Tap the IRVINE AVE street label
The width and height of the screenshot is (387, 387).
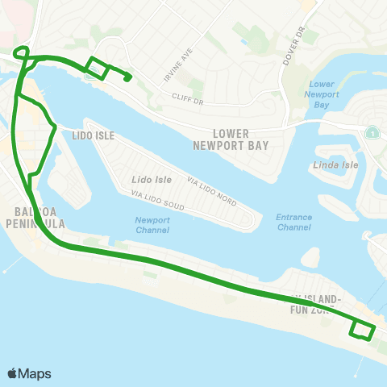(x=179, y=56)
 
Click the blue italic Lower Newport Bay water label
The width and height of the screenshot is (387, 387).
(x=322, y=94)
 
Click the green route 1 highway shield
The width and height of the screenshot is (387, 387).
(x=372, y=132)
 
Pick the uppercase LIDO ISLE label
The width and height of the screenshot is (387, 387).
(x=94, y=136)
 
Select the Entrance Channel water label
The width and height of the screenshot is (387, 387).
(x=293, y=222)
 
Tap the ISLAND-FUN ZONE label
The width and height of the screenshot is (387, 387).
(x=321, y=304)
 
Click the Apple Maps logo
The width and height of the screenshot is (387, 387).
(x=29, y=373)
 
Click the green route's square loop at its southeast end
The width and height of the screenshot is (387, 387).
(x=362, y=330)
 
